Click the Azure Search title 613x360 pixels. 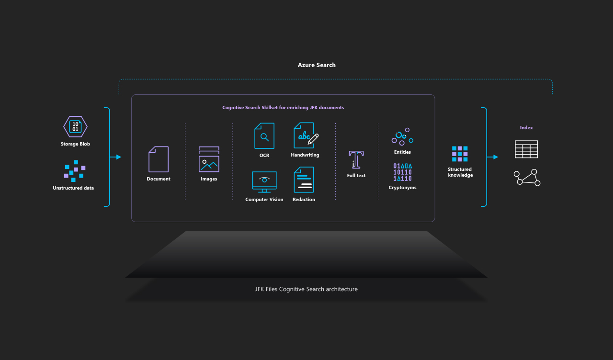coord(317,65)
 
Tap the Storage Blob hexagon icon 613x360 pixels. coord(75,127)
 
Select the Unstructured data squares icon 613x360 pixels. coord(75,171)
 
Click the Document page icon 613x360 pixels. coord(159,159)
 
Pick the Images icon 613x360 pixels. coord(209,159)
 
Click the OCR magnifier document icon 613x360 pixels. coord(264,136)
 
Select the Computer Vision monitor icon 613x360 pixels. coord(264,182)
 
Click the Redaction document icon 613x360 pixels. coord(304,180)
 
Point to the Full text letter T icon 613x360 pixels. coord(356,159)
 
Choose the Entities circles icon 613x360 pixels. coord(402,136)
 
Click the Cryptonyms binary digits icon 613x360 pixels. coord(402,172)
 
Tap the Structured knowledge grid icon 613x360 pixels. coord(460,154)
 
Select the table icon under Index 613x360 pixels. coord(526,149)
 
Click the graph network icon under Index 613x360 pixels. coord(527,178)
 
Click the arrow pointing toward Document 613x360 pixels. coord(116,157)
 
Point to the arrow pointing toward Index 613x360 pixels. coord(493,157)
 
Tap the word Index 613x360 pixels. coord(526,128)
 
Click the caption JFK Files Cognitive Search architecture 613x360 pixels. coord(306,289)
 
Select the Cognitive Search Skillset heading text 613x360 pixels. coord(283,108)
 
